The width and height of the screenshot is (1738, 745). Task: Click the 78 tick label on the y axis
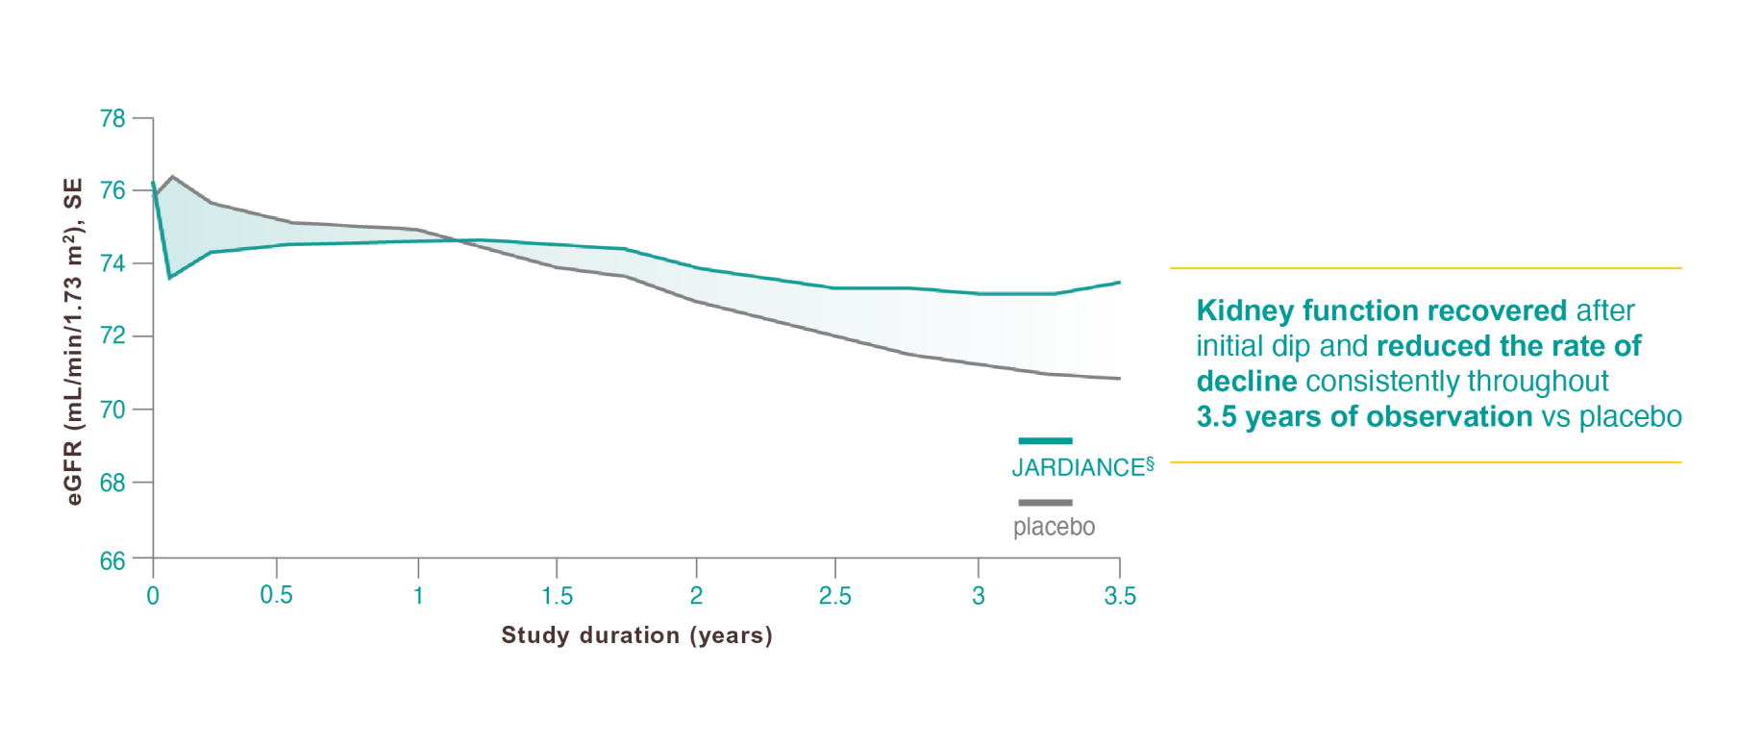112,118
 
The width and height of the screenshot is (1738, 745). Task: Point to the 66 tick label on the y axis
112,560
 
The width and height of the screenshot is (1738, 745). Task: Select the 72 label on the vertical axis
112,335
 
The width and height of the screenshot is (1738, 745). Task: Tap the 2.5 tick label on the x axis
834,596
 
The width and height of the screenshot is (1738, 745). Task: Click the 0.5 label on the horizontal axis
276,595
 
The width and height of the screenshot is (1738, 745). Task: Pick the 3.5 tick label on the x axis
1120,596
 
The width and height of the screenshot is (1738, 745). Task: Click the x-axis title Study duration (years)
636,635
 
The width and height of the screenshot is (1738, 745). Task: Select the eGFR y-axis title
73,341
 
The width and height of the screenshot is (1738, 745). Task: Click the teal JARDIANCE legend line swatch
1045,440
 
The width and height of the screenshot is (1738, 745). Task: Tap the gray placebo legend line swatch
1045,502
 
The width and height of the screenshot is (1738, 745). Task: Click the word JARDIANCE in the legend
1078,468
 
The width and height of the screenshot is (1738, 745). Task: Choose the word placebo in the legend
1054,527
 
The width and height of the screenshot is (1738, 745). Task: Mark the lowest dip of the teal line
169,278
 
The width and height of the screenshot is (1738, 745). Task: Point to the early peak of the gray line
172,177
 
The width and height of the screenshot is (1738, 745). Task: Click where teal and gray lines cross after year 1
457,240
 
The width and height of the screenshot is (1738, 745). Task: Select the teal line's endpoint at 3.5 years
1119,283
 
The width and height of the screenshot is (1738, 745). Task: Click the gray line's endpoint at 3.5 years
1119,378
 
